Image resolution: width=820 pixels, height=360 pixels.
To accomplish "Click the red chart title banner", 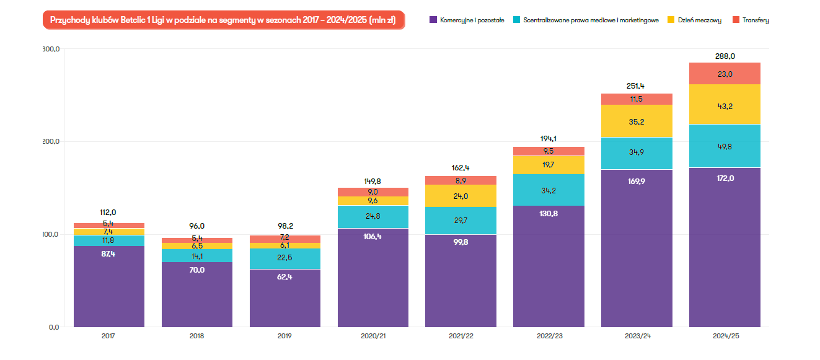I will (x=223, y=20).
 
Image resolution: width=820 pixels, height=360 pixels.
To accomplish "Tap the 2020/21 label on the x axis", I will (x=373, y=336).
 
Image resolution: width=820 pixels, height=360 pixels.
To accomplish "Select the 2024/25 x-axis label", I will (x=725, y=336).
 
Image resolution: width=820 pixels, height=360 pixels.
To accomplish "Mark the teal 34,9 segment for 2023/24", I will (x=637, y=153).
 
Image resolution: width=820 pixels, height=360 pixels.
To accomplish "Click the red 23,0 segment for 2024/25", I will (x=725, y=74).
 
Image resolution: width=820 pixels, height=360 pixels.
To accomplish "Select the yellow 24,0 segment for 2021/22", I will (x=461, y=196).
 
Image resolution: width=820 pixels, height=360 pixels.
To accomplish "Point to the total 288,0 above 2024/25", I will (x=725, y=56).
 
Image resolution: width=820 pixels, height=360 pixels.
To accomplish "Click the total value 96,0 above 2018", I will (x=197, y=226).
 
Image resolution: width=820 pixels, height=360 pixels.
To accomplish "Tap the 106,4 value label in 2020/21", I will (x=373, y=236).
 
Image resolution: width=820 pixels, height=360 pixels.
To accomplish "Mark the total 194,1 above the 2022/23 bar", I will (x=549, y=139).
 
